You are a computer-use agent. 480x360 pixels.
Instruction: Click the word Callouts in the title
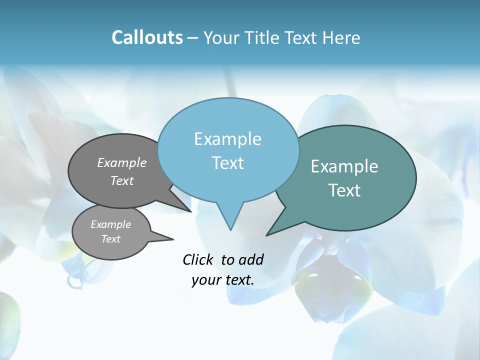pyautogui.click(x=147, y=37)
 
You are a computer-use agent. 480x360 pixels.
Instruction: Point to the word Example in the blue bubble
pyautogui.click(x=227, y=139)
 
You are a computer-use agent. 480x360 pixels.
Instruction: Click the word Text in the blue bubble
pyautogui.click(x=228, y=163)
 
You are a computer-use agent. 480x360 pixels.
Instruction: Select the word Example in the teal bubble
pyautogui.click(x=344, y=166)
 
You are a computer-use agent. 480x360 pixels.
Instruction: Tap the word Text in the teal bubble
pyautogui.click(x=344, y=190)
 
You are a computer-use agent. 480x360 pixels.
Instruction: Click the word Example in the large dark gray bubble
pyautogui.click(x=122, y=162)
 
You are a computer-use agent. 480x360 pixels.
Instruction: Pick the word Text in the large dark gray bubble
pyautogui.click(x=122, y=181)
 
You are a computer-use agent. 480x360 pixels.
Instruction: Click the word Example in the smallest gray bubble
pyautogui.click(x=110, y=224)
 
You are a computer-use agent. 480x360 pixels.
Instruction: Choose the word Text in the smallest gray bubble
pyautogui.click(x=110, y=239)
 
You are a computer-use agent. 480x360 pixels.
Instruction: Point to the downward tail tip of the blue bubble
pyautogui.click(x=230, y=229)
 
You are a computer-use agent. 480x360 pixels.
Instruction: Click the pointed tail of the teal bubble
pyautogui.click(x=267, y=234)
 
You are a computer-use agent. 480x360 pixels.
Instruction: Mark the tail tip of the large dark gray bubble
pyautogui.click(x=190, y=211)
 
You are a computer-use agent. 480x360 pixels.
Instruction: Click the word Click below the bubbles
pyautogui.click(x=198, y=259)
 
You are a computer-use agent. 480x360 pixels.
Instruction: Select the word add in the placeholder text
pyautogui.click(x=250, y=259)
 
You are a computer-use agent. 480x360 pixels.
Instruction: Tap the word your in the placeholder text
pyautogui.click(x=205, y=280)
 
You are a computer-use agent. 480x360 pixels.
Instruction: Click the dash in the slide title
pyautogui.click(x=192, y=37)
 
